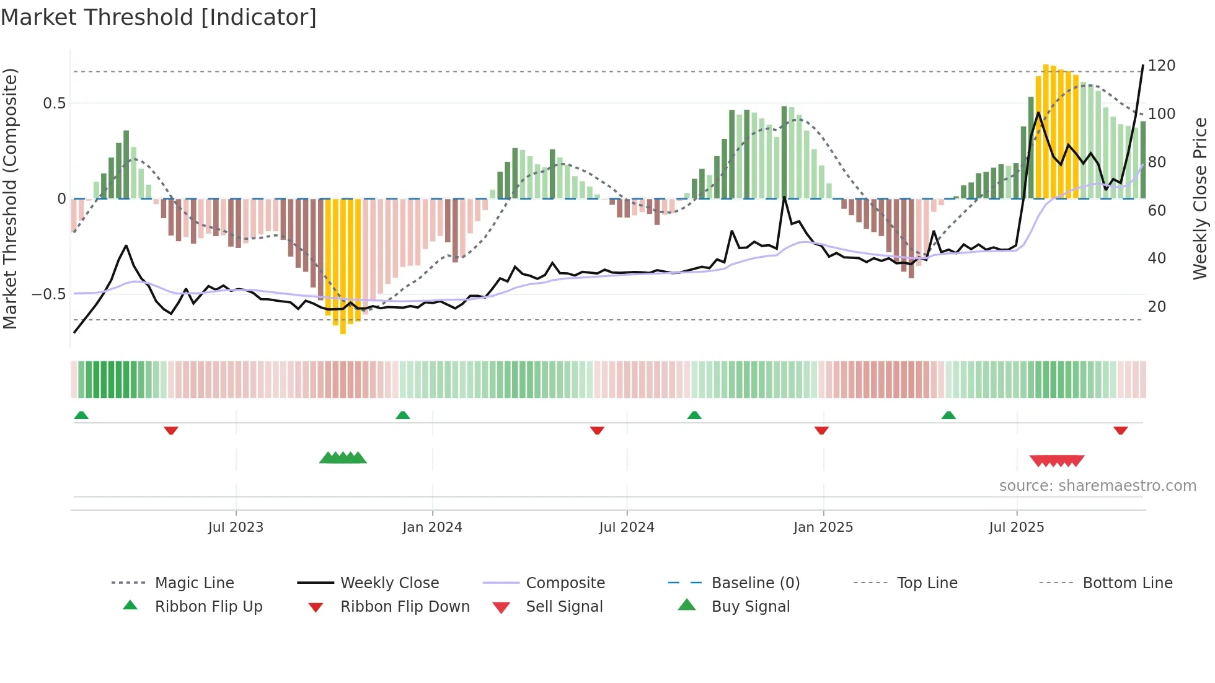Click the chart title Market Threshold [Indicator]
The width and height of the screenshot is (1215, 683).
[159, 17]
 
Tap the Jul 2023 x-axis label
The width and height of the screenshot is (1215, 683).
[236, 527]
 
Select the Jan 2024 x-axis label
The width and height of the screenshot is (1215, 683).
[432, 527]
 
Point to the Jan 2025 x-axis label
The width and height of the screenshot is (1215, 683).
[823, 527]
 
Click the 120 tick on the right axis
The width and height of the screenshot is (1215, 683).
[1161, 66]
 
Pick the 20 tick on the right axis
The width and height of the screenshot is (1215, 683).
[1157, 307]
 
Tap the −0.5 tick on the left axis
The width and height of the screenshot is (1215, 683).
[49, 294]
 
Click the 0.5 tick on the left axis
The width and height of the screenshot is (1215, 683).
[55, 104]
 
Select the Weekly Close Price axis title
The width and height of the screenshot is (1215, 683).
[1200, 198]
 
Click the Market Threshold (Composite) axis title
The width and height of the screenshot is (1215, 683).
[10, 198]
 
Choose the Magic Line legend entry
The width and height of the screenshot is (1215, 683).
[194, 583]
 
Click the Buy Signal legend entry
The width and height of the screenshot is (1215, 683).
[750, 607]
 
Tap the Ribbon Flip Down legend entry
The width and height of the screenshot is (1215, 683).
[405, 607]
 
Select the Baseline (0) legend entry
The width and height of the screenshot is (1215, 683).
[755, 583]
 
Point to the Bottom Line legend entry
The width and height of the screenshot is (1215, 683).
[1127, 583]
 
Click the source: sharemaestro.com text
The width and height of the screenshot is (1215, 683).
[1097, 486]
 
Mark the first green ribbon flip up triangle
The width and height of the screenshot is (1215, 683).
[81, 415]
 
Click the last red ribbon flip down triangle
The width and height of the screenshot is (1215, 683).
[1120, 430]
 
